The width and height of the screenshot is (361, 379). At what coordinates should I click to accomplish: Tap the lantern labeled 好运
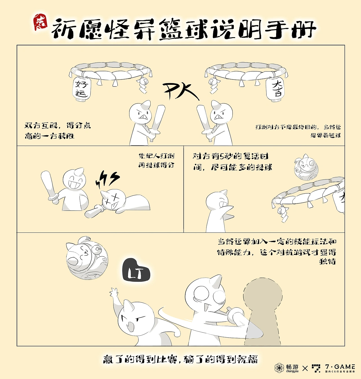click(x=82, y=88)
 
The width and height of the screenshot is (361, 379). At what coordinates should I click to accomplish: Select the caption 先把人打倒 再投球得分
click(x=157, y=160)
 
